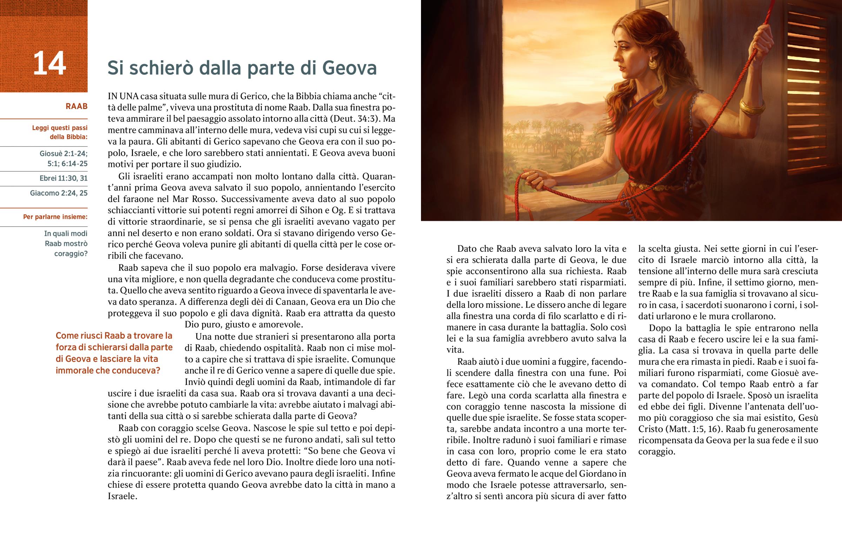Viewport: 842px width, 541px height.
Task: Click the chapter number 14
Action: click(49, 63)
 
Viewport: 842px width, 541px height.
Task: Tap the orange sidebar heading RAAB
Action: click(76, 107)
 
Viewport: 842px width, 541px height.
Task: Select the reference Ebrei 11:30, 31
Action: click(63, 178)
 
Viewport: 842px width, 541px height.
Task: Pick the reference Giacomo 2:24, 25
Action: click(59, 193)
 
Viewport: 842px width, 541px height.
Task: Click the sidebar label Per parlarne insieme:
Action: click(55, 217)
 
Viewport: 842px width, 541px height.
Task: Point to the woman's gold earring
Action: click(652, 63)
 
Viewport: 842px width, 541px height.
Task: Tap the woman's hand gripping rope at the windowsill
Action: click(534, 179)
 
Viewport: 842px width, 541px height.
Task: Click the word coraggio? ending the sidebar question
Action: click(71, 253)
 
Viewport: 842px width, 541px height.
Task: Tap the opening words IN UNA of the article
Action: click(123, 96)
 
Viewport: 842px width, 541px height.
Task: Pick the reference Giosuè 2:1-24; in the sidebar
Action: click(63, 154)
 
